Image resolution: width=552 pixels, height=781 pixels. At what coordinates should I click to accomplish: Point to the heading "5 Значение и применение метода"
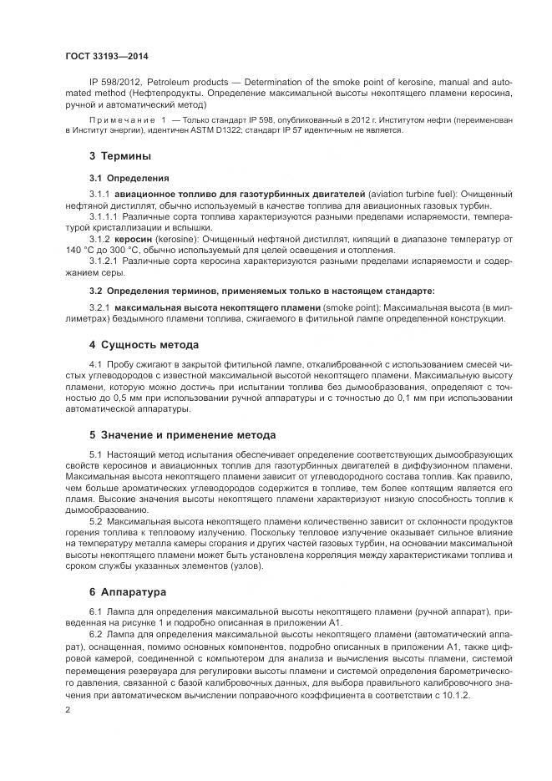tap(182, 434)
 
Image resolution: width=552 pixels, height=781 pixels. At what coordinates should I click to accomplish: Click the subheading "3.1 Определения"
tap(129, 178)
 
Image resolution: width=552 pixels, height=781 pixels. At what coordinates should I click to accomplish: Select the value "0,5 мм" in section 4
tap(109, 398)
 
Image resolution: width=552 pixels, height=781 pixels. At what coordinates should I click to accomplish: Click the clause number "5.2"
tap(95, 521)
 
